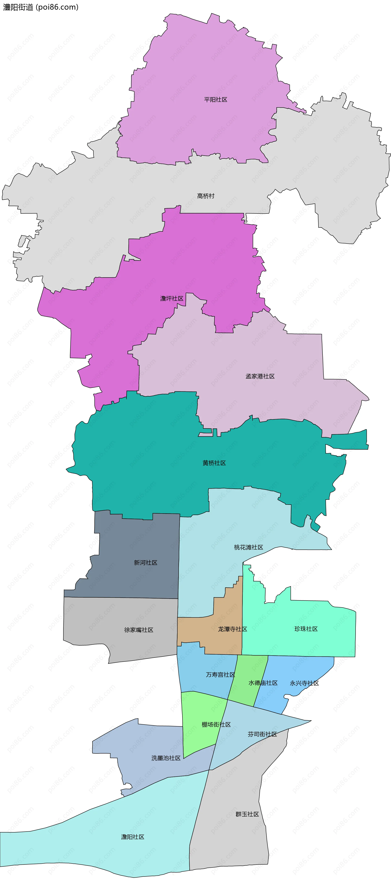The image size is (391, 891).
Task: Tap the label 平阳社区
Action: [x=216, y=100]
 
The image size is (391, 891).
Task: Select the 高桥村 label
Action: [x=206, y=196]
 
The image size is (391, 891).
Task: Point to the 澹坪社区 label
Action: [x=172, y=299]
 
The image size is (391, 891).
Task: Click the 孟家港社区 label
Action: [x=260, y=376]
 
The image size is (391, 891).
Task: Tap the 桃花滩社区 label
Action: [x=248, y=547]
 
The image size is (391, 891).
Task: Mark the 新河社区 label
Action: [x=146, y=563]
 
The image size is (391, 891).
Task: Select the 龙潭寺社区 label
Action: [x=233, y=629]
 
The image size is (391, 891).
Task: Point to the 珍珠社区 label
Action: [x=306, y=629]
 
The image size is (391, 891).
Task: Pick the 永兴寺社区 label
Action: [x=304, y=683]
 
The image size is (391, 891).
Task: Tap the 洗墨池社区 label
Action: [x=166, y=758]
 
